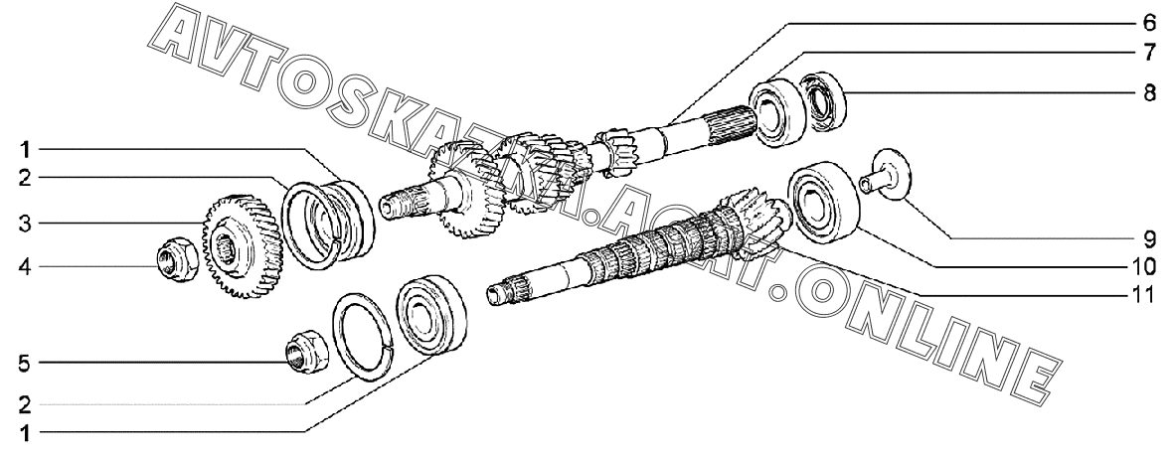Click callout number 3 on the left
click(25, 224)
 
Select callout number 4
click(25, 266)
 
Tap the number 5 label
click(25, 364)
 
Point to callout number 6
click(1149, 23)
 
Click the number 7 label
click(1149, 53)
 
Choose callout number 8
click(1149, 93)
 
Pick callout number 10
click(1145, 266)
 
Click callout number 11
click(1145, 295)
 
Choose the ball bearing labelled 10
click(822, 201)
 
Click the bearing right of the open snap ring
click(430, 316)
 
